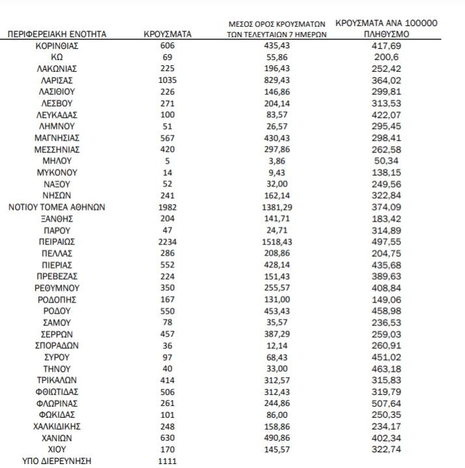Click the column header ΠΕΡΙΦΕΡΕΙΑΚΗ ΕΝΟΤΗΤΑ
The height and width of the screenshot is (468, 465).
pos(57,34)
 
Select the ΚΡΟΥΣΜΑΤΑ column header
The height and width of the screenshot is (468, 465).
pos(167,34)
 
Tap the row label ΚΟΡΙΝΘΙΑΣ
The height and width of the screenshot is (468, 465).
pos(57,46)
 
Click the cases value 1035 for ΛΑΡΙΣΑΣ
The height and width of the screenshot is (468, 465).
pos(167,80)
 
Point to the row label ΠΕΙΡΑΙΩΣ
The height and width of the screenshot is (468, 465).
pos(57,242)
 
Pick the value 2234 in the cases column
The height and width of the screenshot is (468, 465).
pos(167,242)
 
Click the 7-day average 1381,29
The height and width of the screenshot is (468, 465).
pos(277,207)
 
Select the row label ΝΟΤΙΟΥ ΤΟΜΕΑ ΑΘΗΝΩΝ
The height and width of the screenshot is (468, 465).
pos(57,207)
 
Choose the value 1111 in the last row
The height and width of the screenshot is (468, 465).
pos(167,461)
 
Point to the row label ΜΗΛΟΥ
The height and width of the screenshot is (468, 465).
pos(57,161)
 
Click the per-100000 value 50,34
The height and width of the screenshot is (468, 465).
pos(387,161)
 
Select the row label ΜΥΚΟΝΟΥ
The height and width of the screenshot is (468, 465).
pos(57,173)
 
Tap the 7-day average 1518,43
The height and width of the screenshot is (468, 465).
pos(277,242)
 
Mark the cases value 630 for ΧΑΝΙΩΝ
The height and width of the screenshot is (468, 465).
pos(167,438)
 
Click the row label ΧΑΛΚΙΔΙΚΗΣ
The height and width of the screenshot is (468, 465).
pos(57,426)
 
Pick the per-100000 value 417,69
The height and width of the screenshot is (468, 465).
pos(387,46)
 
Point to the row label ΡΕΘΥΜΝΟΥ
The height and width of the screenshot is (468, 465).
pos(57,287)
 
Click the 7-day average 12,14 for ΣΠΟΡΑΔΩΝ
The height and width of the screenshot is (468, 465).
pos(277,345)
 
